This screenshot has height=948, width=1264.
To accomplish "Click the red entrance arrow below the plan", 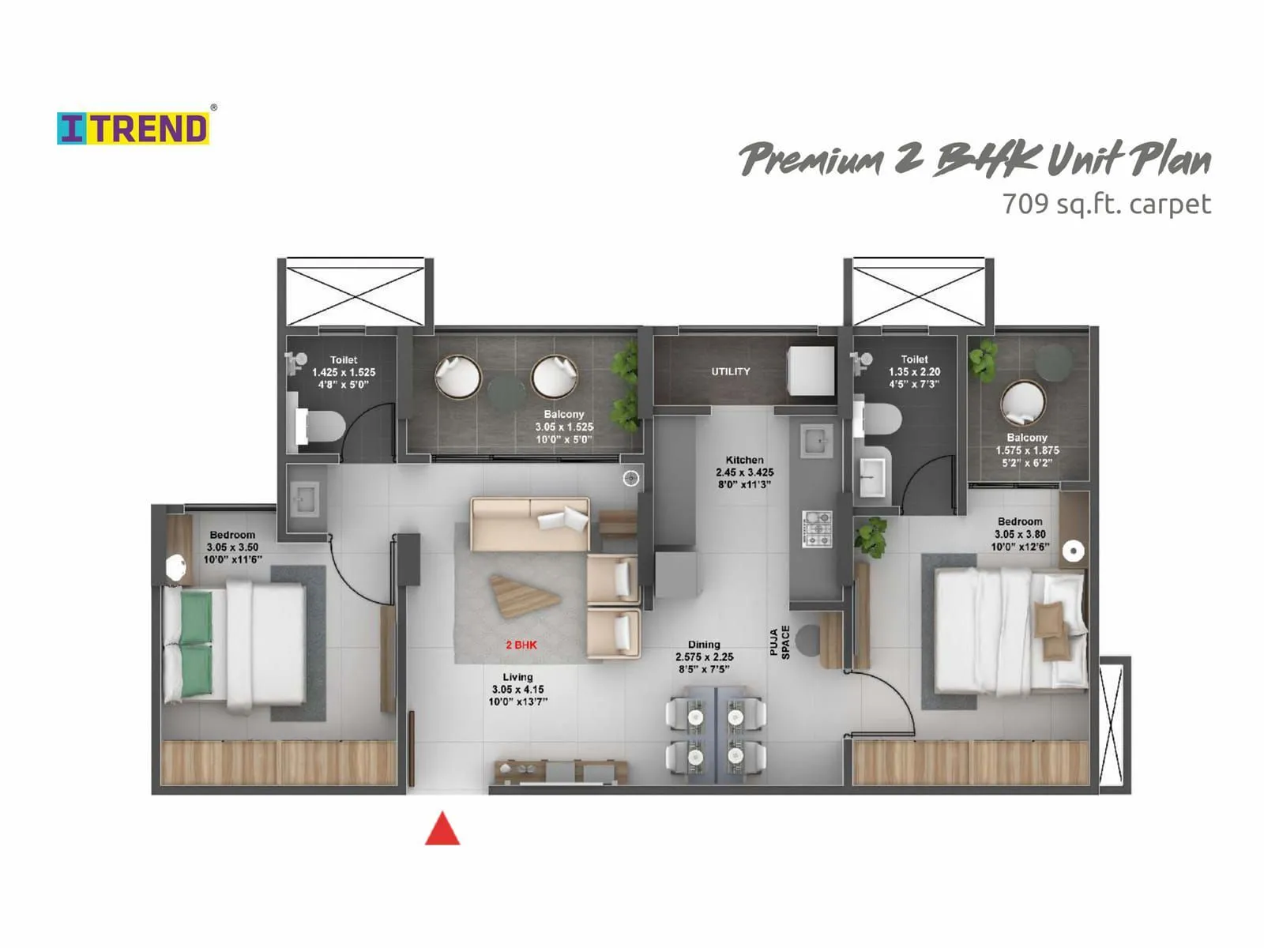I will [x=442, y=830].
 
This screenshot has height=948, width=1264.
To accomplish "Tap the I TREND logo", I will [x=133, y=129].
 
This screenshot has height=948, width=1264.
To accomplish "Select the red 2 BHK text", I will [x=521, y=645].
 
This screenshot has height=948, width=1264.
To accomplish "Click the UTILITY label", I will [x=731, y=371].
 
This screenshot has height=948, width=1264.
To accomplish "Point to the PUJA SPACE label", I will [x=780, y=641].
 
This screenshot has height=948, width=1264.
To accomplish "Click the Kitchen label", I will [x=745, y=460].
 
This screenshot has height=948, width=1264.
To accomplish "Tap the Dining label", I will [x=704, y=645].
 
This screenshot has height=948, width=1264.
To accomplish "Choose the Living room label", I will [x=517, y=677].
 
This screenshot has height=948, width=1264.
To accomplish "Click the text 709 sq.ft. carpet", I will [x=1106, y=204].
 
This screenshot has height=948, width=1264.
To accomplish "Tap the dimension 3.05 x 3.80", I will [x=1020, y=534].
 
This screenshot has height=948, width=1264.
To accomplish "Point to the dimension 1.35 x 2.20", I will [x=914, y=371].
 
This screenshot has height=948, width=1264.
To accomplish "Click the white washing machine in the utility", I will [x=811, y=371].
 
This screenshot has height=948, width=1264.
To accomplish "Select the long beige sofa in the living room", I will [x=530, y=523].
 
